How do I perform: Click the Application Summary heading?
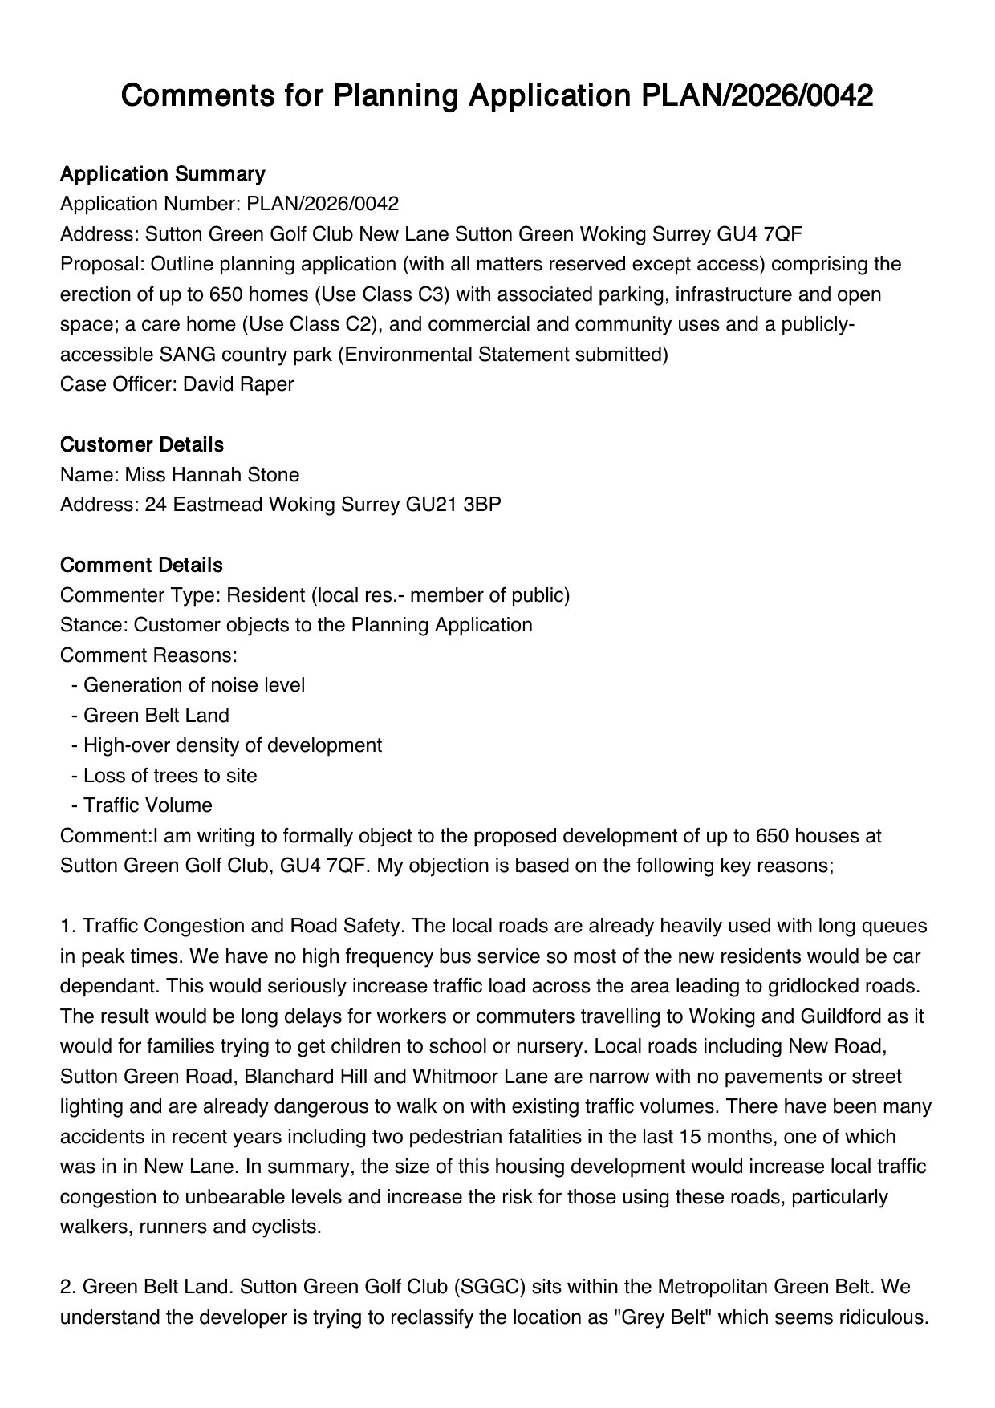(x=162, y=174)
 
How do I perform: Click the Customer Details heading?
(x=142, y=445)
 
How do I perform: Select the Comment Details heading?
(x=141, y=566)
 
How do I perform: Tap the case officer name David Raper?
(x=238, y=384)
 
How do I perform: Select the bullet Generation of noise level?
(x=193, y=685)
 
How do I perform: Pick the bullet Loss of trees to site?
(x=170, y=776)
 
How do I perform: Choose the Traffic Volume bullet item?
(x=148, y=805)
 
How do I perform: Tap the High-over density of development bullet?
(x=232, y=745)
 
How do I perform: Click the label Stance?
(x=94, y=625)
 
